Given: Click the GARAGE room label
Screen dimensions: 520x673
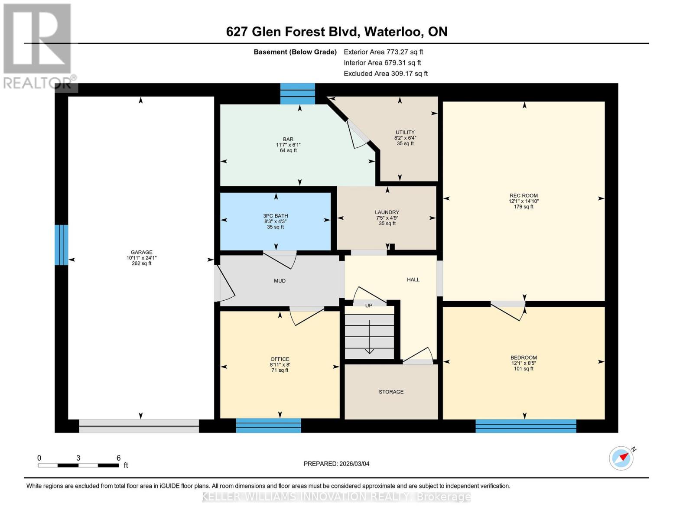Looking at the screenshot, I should click(x=142, y=252).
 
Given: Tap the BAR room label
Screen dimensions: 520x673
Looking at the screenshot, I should click(x=288, y=140).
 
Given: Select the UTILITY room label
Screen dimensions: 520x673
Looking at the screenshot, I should click(x=405, y=133).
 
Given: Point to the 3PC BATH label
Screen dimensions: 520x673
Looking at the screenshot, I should click(x=276, y=216).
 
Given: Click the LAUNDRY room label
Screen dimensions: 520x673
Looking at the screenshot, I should click(x=387, y=212).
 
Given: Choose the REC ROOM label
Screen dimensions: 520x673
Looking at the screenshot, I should click(x=523, y=195).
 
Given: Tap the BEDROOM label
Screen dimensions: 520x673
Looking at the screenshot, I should click(x=523, y=358).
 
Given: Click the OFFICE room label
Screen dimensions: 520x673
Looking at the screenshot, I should click(x=280, y=359).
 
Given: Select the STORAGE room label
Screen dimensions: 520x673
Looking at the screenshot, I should click(x=391, y=392).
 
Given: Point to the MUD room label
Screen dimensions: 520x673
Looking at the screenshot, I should click(x=280, y=281).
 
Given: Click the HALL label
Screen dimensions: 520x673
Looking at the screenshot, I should click(x=413, y=279).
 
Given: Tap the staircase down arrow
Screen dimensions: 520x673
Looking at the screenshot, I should click(x=369, y=338).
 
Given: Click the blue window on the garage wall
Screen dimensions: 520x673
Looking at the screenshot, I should click(x=62, y=245).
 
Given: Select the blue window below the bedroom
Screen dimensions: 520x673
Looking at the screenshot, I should click(x=526, y=426).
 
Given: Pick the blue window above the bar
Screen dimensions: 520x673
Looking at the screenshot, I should click(x=297, y=94).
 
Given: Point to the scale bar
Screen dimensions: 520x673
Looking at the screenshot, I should click(x=78, y=465).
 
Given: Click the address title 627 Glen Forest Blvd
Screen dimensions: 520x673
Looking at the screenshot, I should click(x=336, y=32).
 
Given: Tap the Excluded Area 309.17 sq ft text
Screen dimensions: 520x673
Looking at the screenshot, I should click(x=386, y=74).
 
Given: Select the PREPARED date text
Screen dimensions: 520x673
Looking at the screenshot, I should click(x=336, y=464).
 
